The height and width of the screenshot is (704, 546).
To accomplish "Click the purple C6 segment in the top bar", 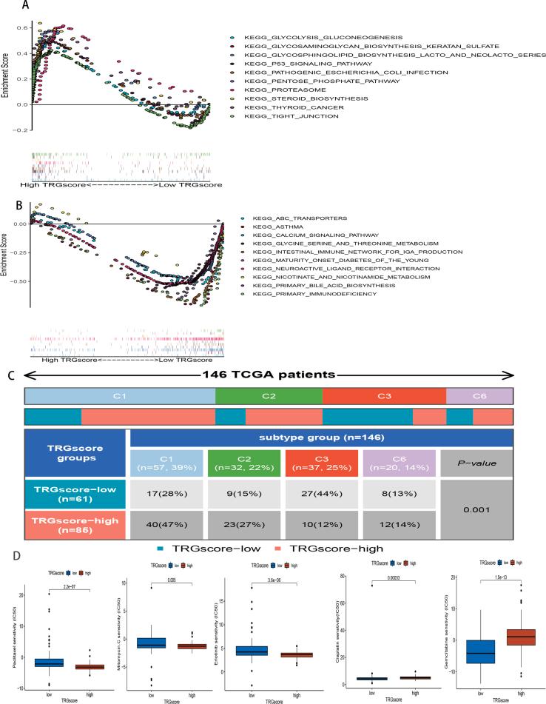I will pyautogui.click(x=480, y=396).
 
